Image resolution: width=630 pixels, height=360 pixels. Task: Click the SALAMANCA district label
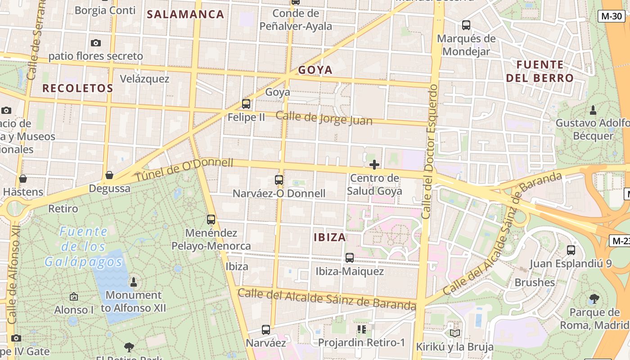[x=185, y=14]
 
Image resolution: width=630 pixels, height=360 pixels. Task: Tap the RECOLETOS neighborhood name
[x=77, y=88]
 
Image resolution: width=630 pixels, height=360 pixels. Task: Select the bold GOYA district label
[x=315, y=70]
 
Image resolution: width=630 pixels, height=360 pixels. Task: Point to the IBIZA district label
[x=330, y=237]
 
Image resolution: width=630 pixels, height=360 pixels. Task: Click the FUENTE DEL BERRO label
[x=540, y=71]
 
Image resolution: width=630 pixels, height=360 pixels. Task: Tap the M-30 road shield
[x=612, y=16]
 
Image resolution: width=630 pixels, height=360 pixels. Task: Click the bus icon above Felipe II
[x=246, y=104]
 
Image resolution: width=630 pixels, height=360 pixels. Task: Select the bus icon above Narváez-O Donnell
[x=279, y=180]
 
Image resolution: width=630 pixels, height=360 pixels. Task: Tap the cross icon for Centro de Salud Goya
[x=374, y=165]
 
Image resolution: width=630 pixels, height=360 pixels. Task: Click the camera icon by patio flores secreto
[x=95, y=43]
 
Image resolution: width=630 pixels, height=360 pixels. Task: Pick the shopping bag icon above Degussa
[x=109, y=175]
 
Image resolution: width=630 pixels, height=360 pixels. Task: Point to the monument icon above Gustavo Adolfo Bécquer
[x=593, y=110]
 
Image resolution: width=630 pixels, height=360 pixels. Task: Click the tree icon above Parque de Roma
[x=594, y=298]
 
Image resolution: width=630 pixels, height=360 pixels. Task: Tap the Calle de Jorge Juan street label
[x=324, y=118]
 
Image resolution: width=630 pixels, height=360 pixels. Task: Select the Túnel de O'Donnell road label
[x=184, y=171]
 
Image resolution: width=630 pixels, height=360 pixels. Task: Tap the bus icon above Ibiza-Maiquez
[x=349, y=258]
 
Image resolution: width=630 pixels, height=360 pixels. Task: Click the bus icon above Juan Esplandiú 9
[x=571, y=250]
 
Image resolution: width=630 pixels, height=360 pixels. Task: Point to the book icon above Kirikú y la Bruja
[x=454, y=333]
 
